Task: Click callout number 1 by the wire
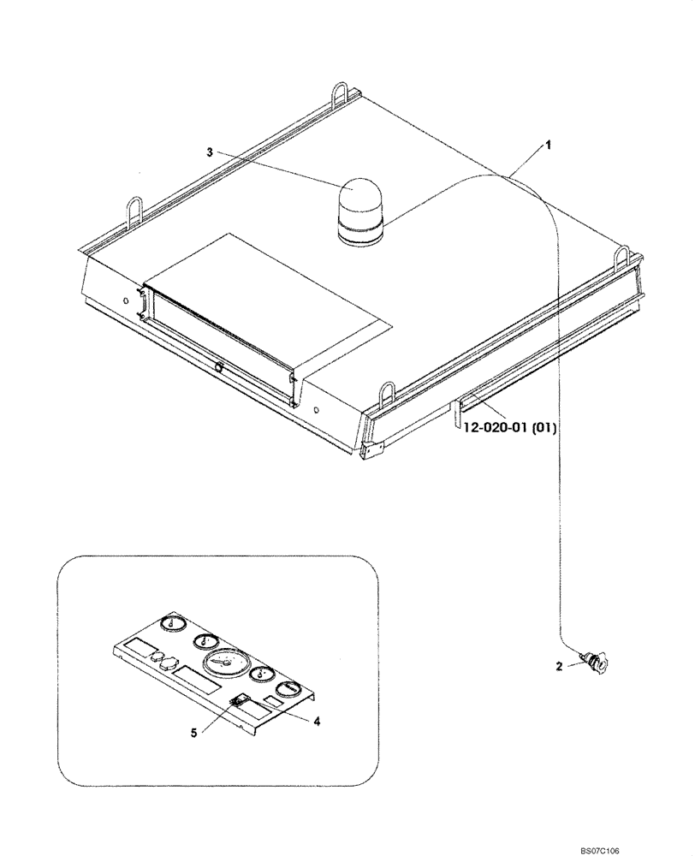549,146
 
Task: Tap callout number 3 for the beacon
210,152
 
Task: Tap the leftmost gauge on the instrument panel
175,624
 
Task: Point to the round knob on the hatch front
220,367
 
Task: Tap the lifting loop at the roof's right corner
622,255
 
